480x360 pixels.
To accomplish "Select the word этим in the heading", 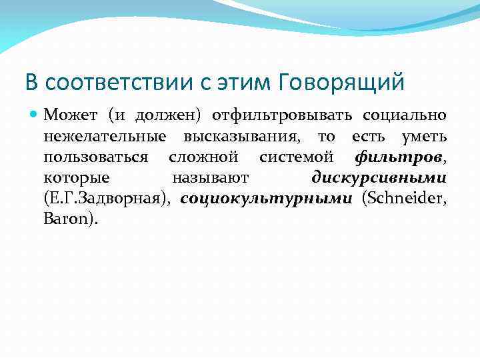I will tap(247, 83).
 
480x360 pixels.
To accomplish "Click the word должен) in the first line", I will tap(169, 116).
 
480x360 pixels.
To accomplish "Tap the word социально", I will tap(404, 116).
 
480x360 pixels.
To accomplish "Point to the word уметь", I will tap(424, 137).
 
